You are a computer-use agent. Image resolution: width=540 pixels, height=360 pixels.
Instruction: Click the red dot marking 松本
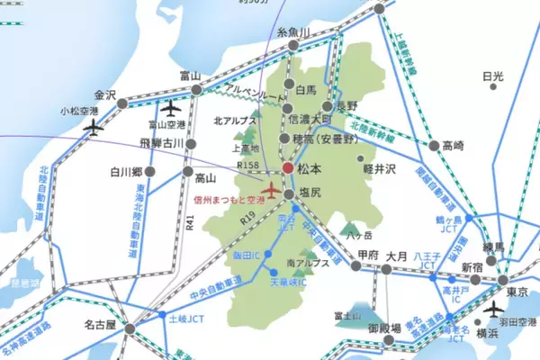pos(288,167)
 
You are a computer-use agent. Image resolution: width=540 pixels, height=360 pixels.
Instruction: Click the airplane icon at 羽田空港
pos(493,309)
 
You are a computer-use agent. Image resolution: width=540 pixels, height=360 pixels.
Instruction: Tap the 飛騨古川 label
pos(162,143)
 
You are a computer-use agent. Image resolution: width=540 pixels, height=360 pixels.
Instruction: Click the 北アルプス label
pos(233,119)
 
